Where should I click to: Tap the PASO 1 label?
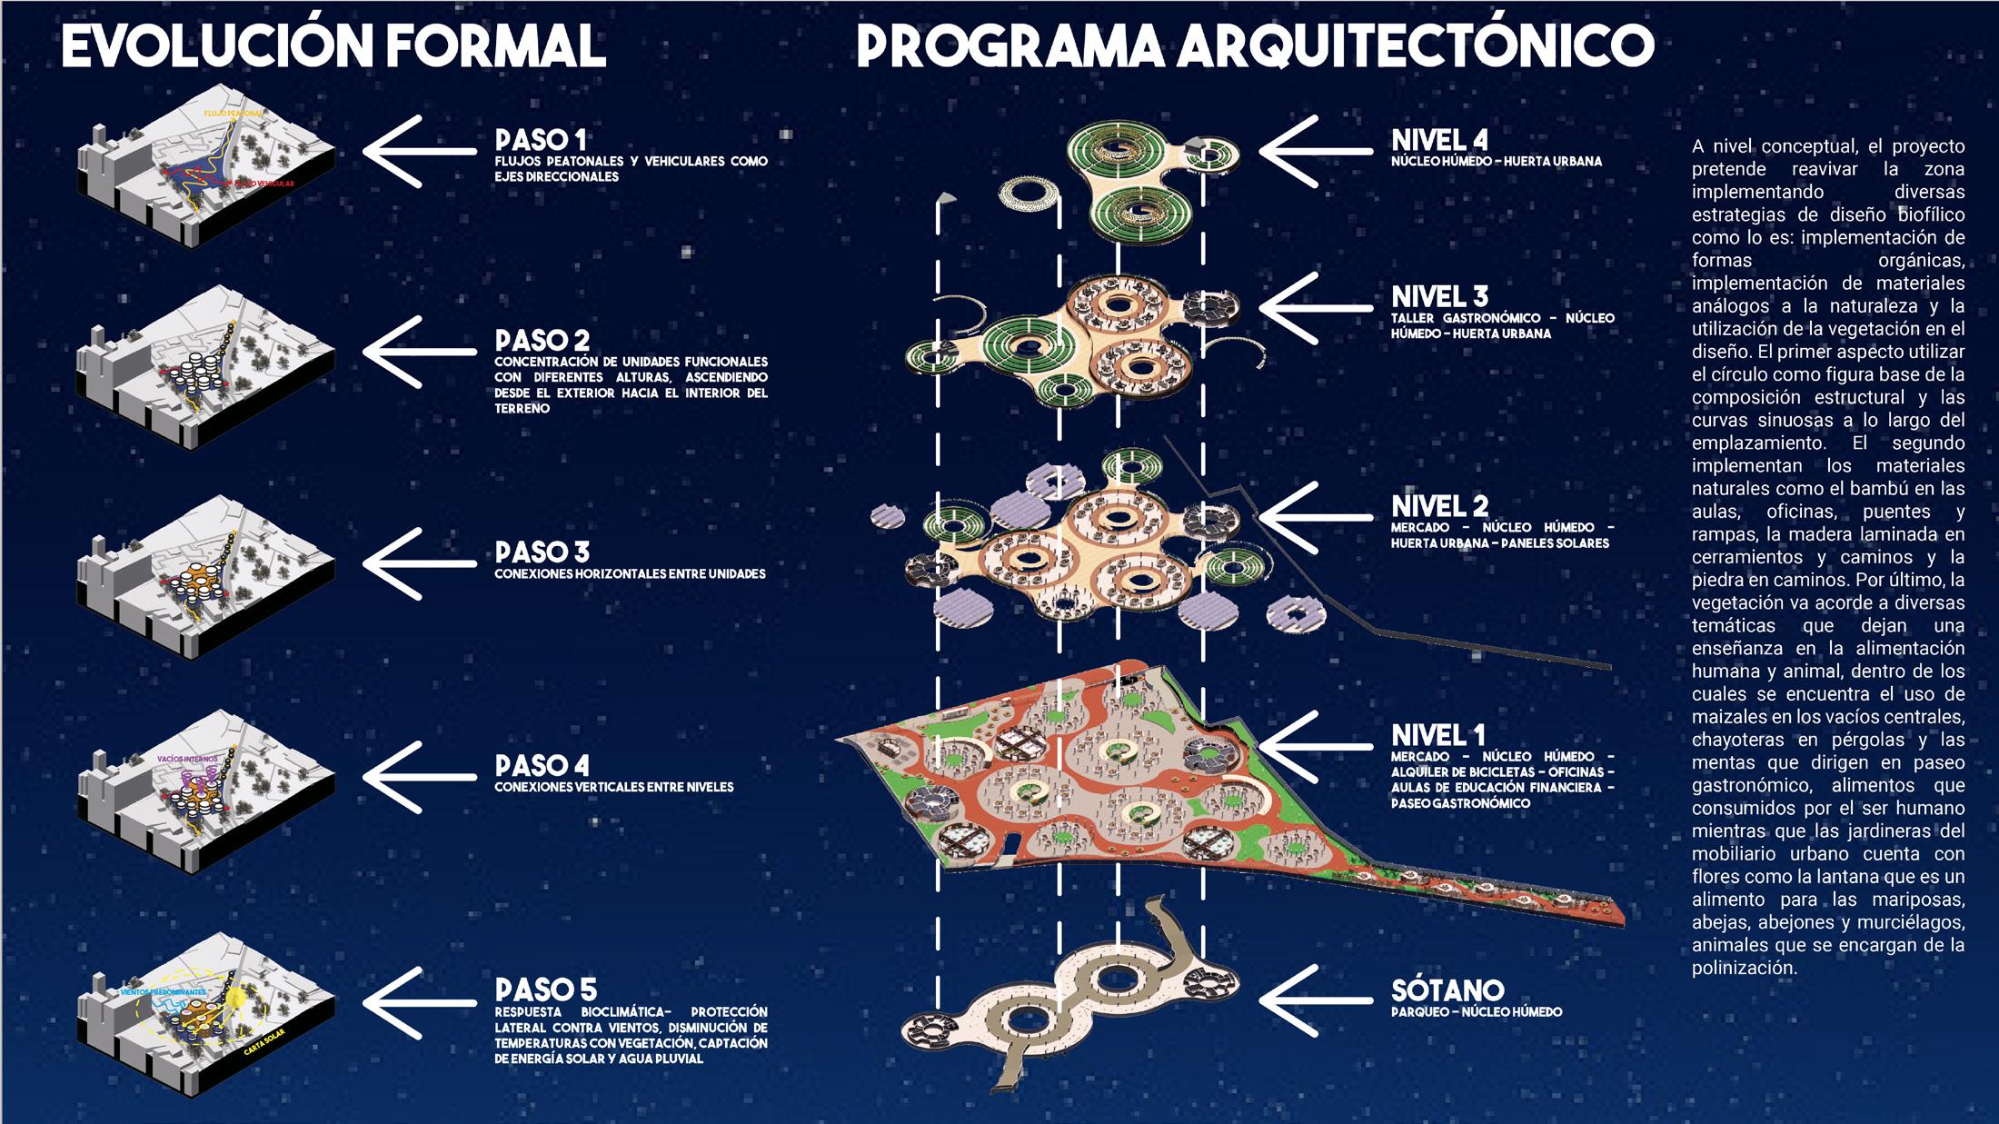[541, 140]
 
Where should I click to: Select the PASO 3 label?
[542, 552]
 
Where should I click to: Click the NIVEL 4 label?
[1439, 140]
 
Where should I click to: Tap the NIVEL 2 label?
[1439, 506]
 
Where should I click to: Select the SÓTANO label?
[1447, 990]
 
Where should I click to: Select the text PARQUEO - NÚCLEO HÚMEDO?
[1477, 1011]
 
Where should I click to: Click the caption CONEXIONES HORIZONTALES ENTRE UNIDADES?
[630, 574]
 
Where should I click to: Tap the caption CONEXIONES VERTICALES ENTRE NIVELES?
[613, 787]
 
